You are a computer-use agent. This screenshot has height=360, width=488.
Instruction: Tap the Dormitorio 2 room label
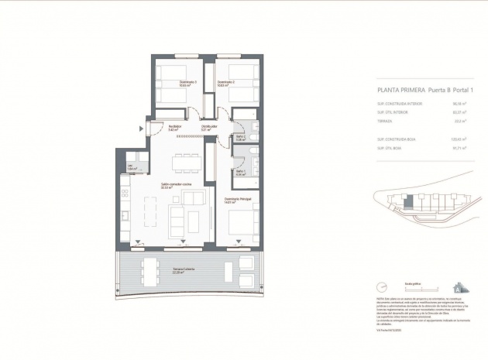[225, 83]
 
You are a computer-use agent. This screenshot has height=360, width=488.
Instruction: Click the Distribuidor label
[208, 128]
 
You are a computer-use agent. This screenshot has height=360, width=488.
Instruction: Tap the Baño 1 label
[241, 173]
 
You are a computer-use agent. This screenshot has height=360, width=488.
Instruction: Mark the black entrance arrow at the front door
[141, 128]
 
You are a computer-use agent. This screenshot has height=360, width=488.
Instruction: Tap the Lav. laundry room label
[132, 168]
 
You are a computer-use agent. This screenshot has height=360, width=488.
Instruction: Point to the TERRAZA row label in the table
[385, 121]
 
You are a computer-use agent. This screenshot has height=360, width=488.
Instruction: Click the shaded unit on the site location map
[408, 204]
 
